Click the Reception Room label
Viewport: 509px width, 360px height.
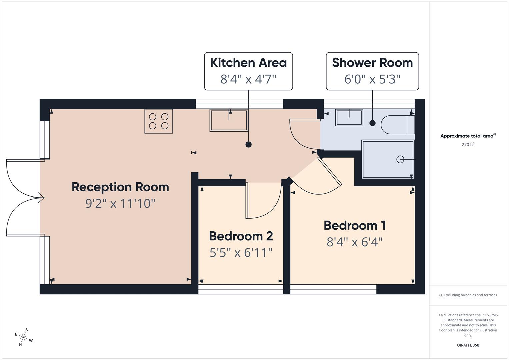[x=120, y=187]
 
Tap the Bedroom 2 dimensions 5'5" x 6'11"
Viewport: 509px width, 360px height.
[x=241, y=252]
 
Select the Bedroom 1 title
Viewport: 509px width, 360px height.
[x=355, y=225]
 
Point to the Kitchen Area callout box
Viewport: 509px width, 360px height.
[x=248, y=71]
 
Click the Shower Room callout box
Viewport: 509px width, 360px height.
[x=372, y=71]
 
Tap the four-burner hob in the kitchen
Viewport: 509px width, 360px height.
[x=159, y=121]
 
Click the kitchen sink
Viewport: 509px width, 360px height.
[x=229, y=120]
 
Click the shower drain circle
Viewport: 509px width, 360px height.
[x=400, y=159]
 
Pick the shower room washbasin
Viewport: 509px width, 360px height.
[x=349, y=118]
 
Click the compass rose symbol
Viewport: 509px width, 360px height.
[x=23, y=337]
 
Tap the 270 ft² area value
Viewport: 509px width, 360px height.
[x=468, y=144]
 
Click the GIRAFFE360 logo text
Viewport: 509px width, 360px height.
[x=468, y=345]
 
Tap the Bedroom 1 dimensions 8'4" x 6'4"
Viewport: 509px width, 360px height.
[x=354, y=242]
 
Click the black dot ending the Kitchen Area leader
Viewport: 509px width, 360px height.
[x=248, y=144]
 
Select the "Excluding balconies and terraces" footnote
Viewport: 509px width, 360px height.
[x=468, y=295]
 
